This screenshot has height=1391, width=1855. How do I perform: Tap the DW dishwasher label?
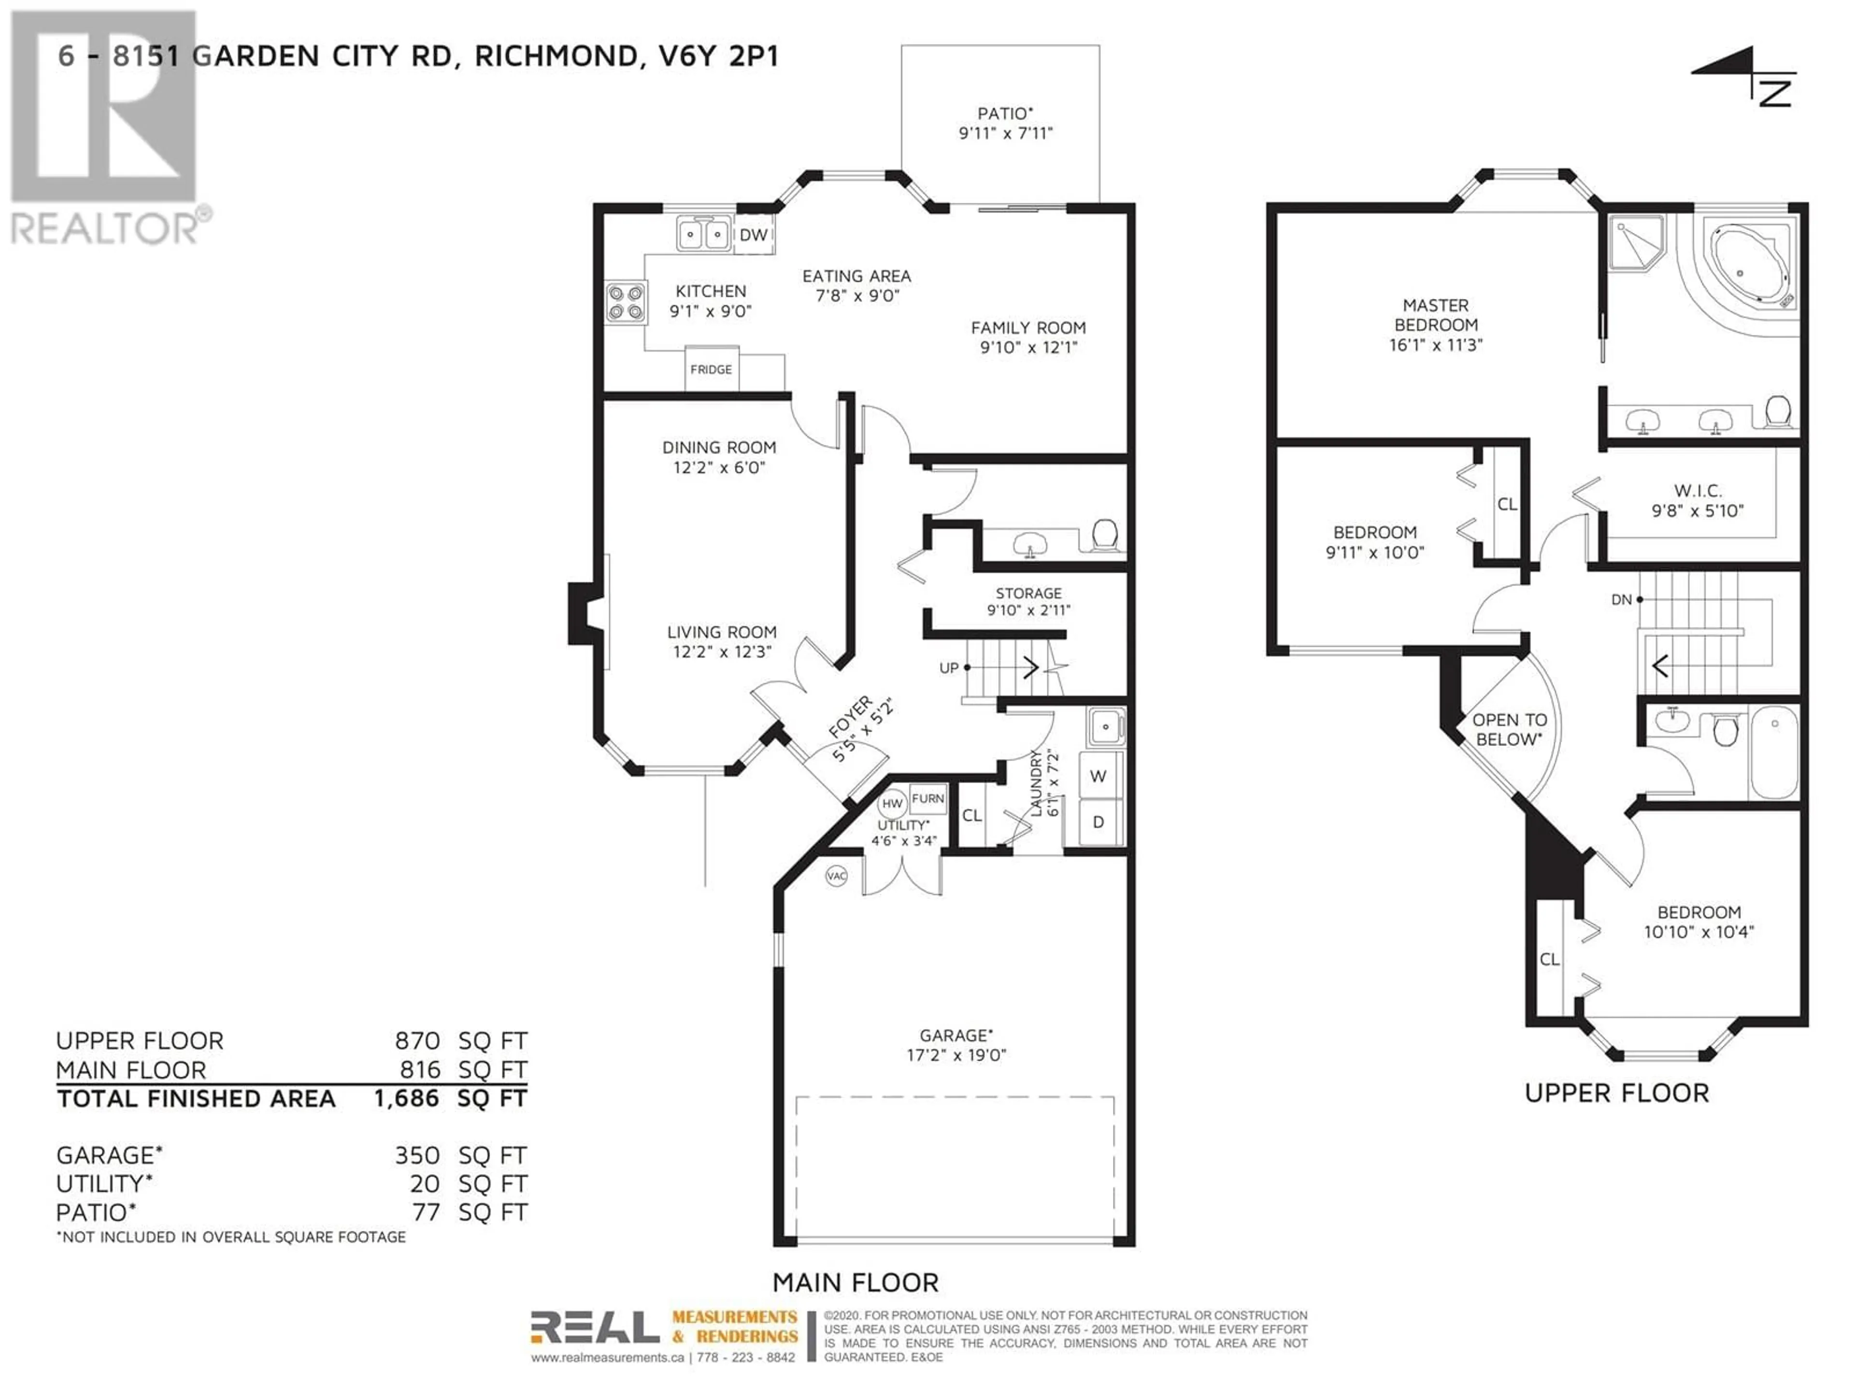click(x=753, y=235)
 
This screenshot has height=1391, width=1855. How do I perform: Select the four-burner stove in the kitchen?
click(x=626, y=303)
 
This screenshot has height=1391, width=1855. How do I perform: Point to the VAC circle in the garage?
click(x=836, y=876)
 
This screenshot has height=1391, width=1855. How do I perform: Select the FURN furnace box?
click(x=927, y=799)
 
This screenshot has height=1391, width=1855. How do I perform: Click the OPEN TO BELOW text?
click(x=1510, y=729)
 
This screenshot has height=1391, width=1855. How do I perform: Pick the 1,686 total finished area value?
click(x=406, y=1098)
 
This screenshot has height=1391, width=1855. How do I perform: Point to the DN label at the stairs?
click(x=1621, y=599)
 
